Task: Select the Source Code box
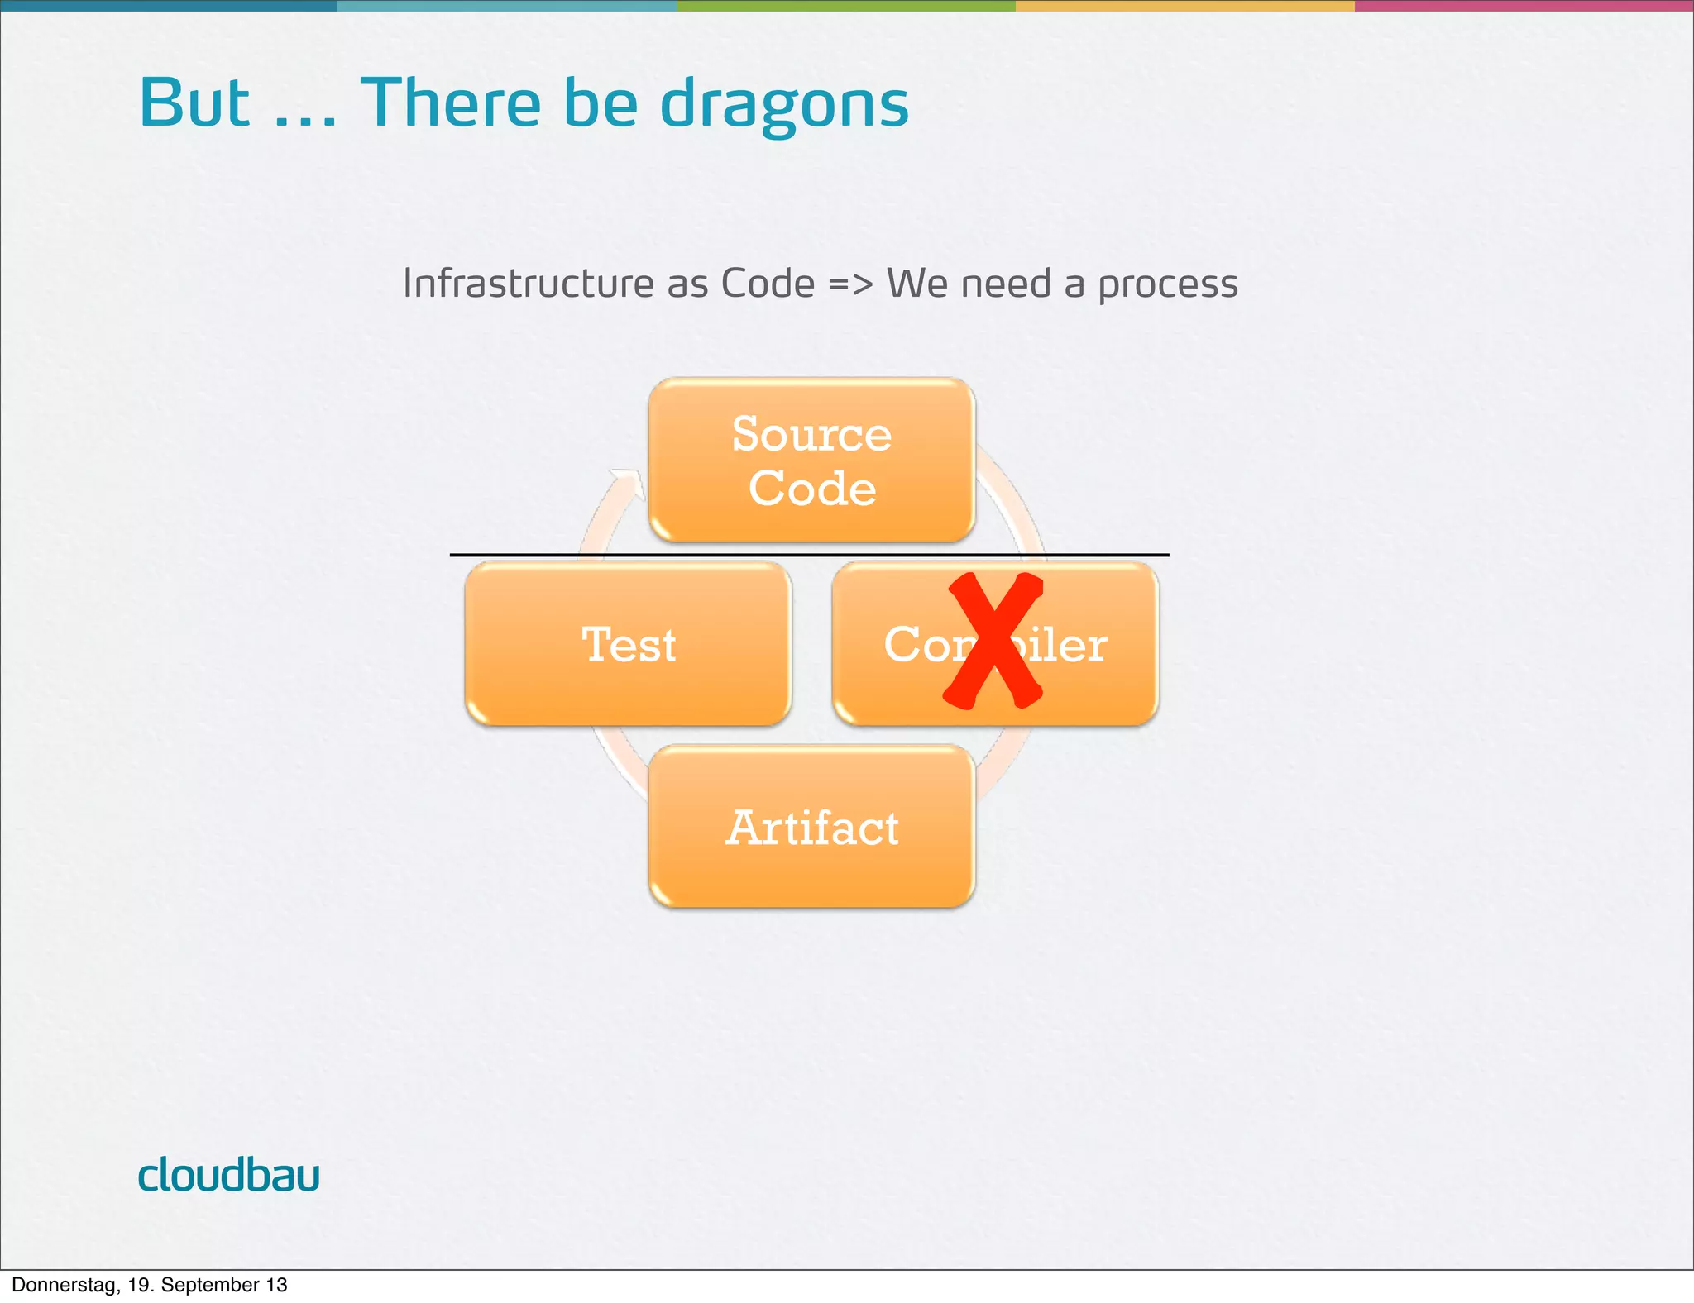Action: (811, 460)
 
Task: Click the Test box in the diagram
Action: (628, 644)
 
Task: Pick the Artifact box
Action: (811, 827)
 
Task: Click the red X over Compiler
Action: (993, 641)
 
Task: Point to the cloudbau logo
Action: (228, 1175)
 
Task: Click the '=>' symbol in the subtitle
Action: (850, 284)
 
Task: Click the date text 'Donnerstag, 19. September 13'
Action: (150, 1285)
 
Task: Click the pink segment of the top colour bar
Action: (1524, 5)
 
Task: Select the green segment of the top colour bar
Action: (845, 5)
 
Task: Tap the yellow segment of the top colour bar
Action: (1184, 5)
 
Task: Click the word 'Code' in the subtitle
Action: (768, 284)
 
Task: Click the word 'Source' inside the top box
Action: (811, 434)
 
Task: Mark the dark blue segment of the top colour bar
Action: (169, 5)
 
